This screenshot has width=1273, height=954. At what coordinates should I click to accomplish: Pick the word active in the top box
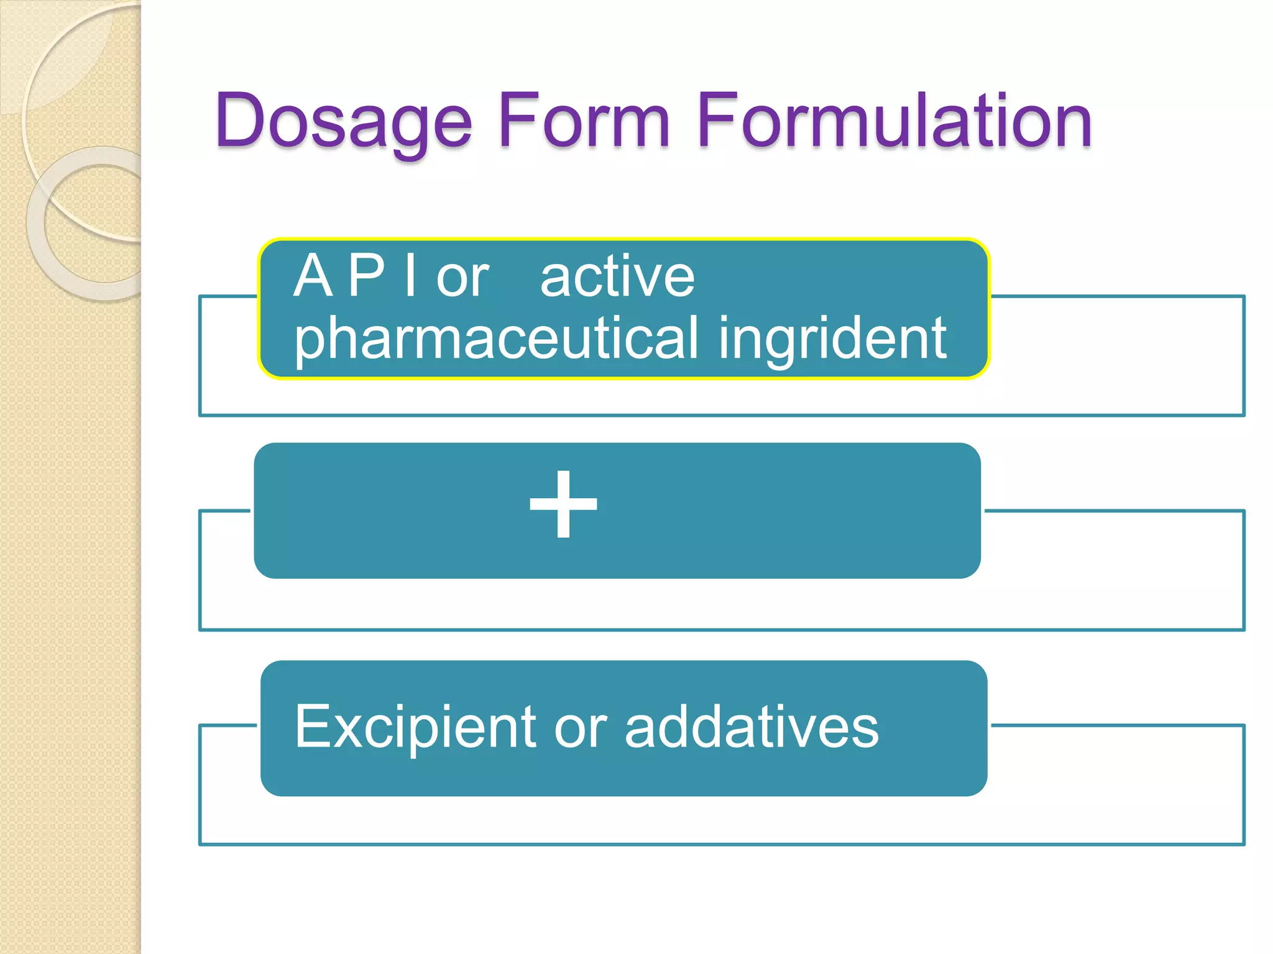coord(617,277)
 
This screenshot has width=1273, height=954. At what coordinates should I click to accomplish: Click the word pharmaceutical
coord(496,338)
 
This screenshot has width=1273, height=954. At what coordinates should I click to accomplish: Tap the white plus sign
coord(563,504)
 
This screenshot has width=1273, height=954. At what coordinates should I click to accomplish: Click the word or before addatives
coord(580,728)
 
